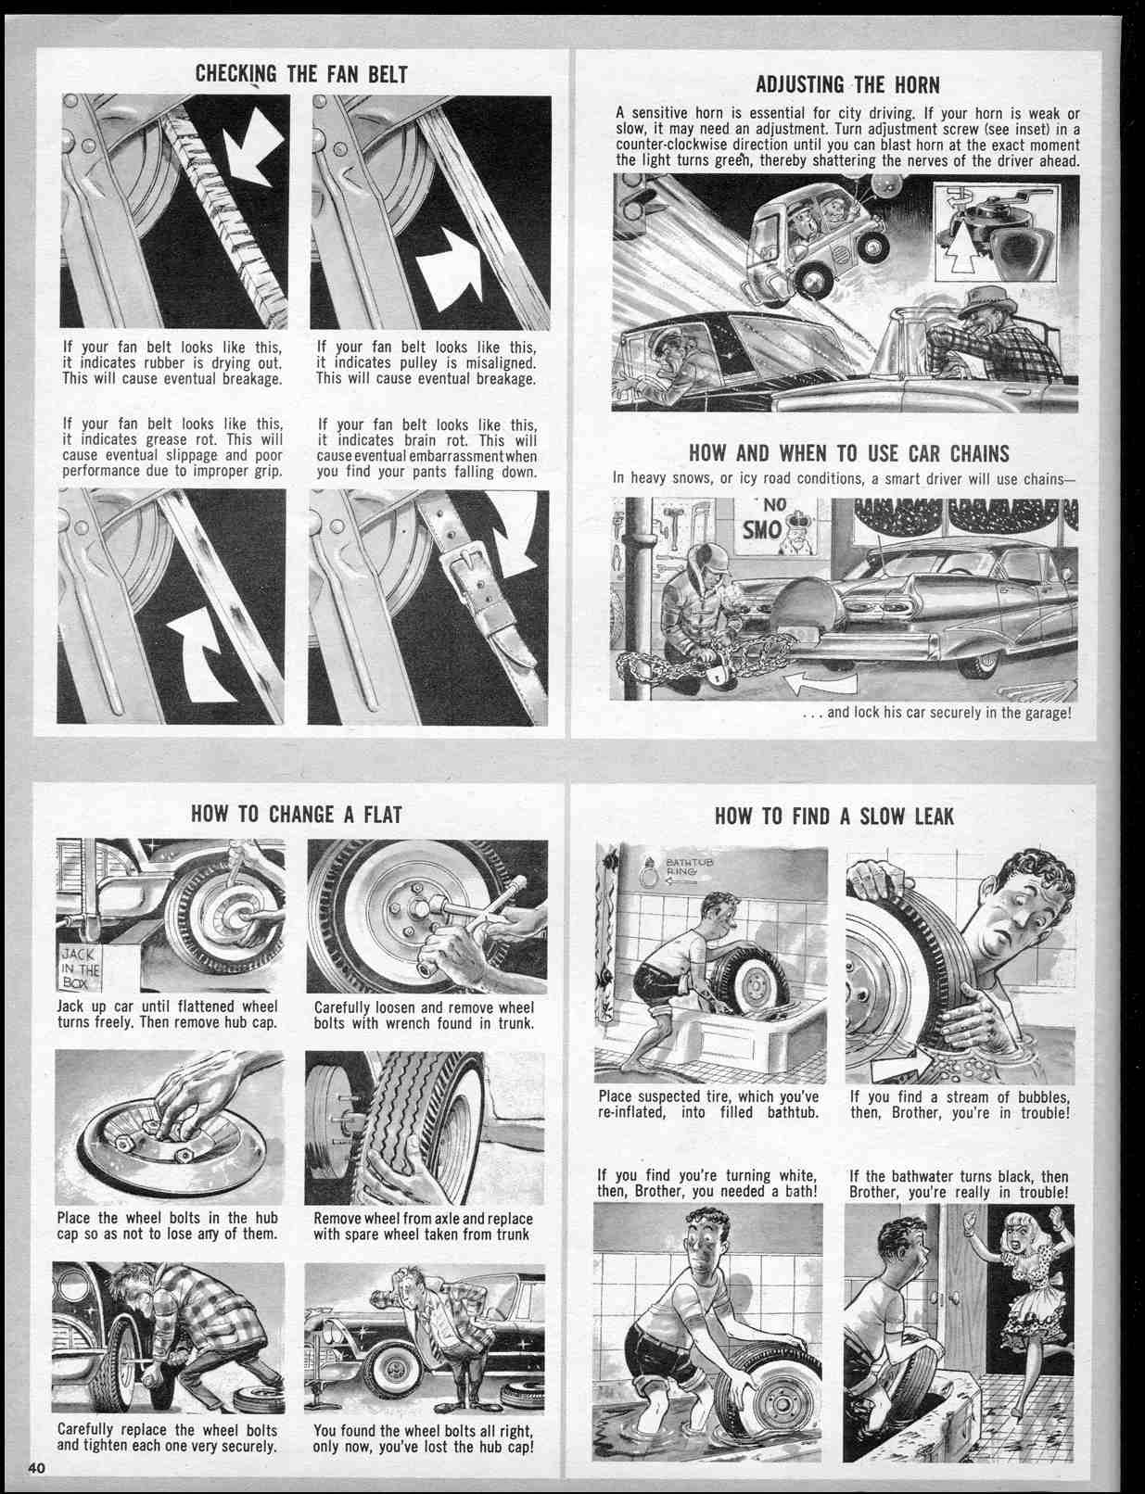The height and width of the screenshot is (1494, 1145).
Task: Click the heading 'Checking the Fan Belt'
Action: tap(301, 75)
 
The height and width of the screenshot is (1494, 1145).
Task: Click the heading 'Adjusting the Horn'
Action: tap(847, 85)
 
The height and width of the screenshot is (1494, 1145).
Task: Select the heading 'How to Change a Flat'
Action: tap(297, 815)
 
